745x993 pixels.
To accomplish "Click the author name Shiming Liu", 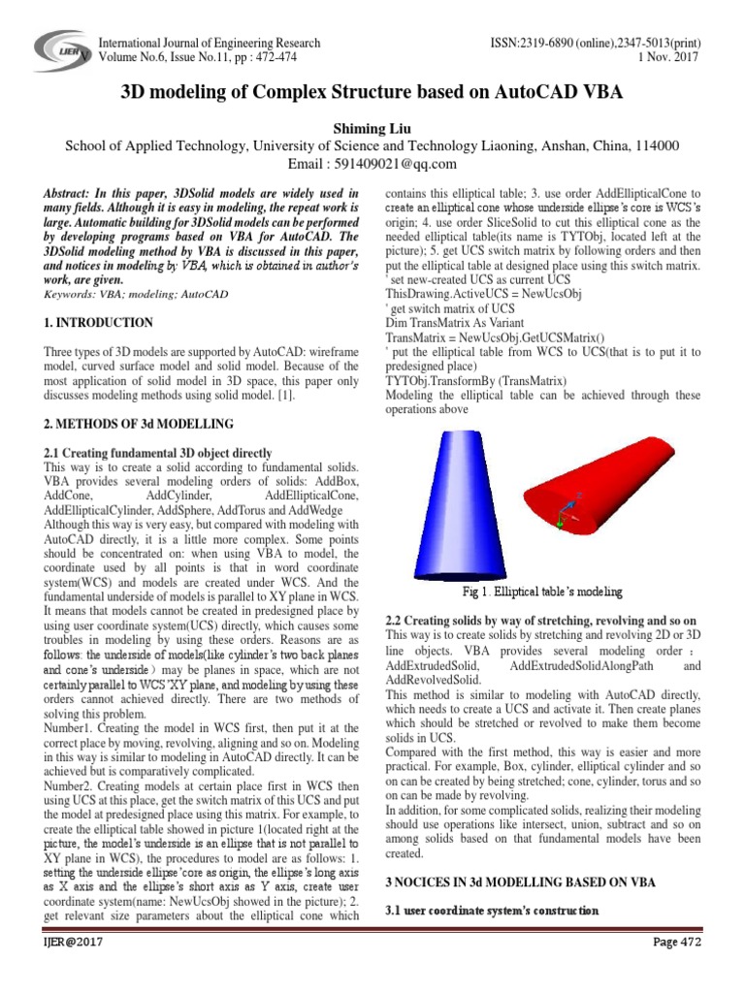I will (x=372, y=127).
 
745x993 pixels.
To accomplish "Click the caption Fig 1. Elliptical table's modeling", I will (x=543, y=592).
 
